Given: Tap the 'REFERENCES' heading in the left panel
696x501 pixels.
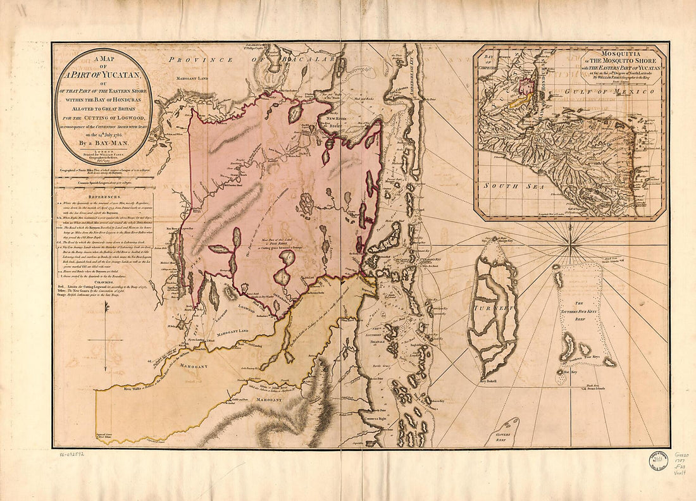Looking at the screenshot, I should (x=103, y=196).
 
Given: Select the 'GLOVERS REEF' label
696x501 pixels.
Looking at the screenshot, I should (x=504, y=437).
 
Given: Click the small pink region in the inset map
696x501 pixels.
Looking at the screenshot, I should (x=525, y=83).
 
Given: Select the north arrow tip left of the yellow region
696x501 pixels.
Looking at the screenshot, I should (x=106, y=305).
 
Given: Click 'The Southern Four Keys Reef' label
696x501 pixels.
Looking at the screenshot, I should (x=580, y=314).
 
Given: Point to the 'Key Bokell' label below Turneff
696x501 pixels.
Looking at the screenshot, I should (x=489, y=381).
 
